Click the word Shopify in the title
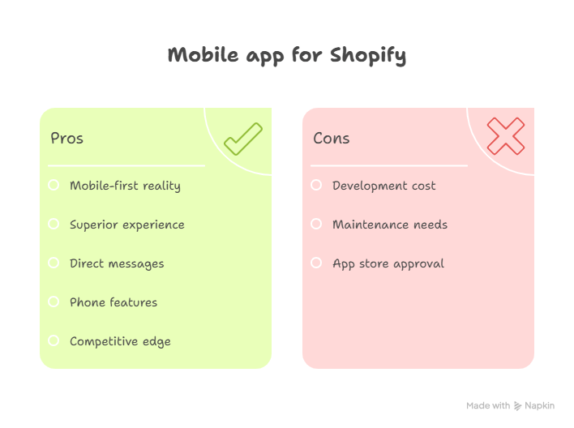[x=368, y=56]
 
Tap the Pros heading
[x=67, y=138]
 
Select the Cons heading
[x=332, y=138]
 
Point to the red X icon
[x=506, y=136]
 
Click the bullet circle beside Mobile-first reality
[x=54, y=185]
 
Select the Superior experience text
[x=127, y=225]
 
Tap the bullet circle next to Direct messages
[x=54, y=263]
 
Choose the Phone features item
[x=114, y=302]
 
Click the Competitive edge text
[x=120, y=341]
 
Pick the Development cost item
[x=384, y=186]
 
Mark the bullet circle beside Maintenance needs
[x=316, y=224]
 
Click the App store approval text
[x=388, y=264]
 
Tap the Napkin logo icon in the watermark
[x=517, y=405]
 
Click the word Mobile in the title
[x=203, y=55]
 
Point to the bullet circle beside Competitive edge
[x=54, y=340]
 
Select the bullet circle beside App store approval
[x=316, y=263]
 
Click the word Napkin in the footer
[x=540, y=405]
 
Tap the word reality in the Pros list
[x=161, y=186]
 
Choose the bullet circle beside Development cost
[x=316, y=185]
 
